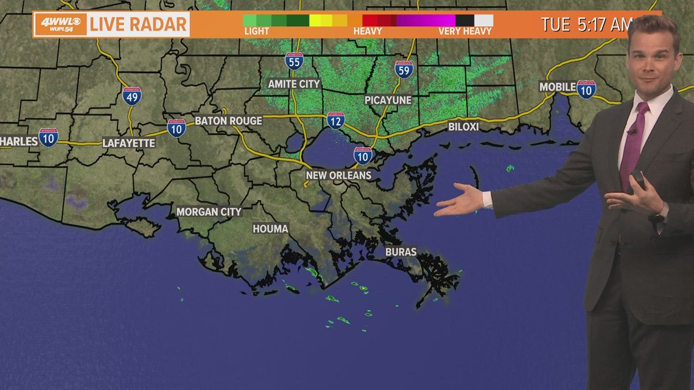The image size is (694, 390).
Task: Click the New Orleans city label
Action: pyautogui.click(x=338, y=175)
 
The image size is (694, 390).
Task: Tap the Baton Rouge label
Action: pyautogui.click(x=228, y=120)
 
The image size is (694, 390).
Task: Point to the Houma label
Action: pyautogui.click(x=270, y=229)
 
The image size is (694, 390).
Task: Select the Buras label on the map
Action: pyautogui.click(x=401, y=251)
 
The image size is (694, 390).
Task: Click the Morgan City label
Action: pyautogui.click(x=209, y=212)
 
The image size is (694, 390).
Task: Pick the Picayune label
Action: pyautogui.click(x=388, y=100)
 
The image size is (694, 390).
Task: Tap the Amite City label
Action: pyautogui.click(x=294, y=84)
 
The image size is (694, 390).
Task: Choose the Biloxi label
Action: pyautogui.click(x=463, y=127)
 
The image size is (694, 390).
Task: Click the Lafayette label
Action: pyautogui.click(x=128, y=143)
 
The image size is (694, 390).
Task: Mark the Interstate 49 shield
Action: pyautogui.click(x=131, y=96)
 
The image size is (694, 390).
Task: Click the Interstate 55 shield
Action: pyautogui.click(x=294, y=61)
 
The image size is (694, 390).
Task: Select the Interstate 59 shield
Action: pyautogui.click(x=404, y=69)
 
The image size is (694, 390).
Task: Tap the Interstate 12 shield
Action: pyautogui.click(x=335, y=120)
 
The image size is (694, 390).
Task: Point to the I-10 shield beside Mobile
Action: pyautogui.click(x=586, y=89)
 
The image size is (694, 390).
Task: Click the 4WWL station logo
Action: pyautogui.click(x=60, y=24)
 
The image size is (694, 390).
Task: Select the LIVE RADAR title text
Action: pyautogui.click(x=138, y=24)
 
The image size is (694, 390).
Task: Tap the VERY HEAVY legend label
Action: pyautogui.click(x=464, y=31)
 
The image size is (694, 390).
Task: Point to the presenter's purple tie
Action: pyautogui.click(x=632, y=144)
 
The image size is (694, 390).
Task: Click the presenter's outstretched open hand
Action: pyautogui.click(x=463, y=201)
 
